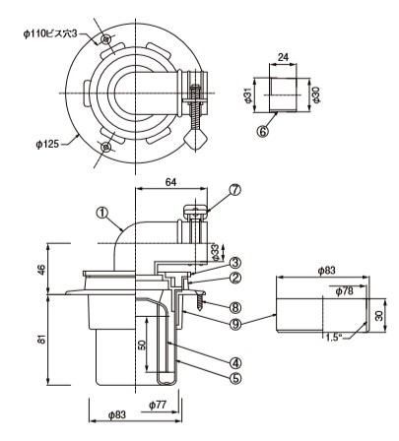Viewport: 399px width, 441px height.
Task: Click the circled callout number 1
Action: point(102,213)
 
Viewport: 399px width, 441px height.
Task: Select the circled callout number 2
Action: point(235,279)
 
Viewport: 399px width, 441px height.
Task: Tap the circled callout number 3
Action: point(235,263)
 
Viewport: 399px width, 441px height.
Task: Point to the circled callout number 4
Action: point(235,363)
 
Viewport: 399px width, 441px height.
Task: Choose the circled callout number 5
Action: point(235,378)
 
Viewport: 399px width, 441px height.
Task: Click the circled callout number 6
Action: point(263,132)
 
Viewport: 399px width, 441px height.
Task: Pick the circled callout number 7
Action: point(235,190)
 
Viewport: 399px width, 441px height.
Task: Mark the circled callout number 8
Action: point(235,307)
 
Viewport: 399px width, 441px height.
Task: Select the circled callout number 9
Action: point(235,324)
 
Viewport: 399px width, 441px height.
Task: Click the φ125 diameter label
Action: point(47,144)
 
